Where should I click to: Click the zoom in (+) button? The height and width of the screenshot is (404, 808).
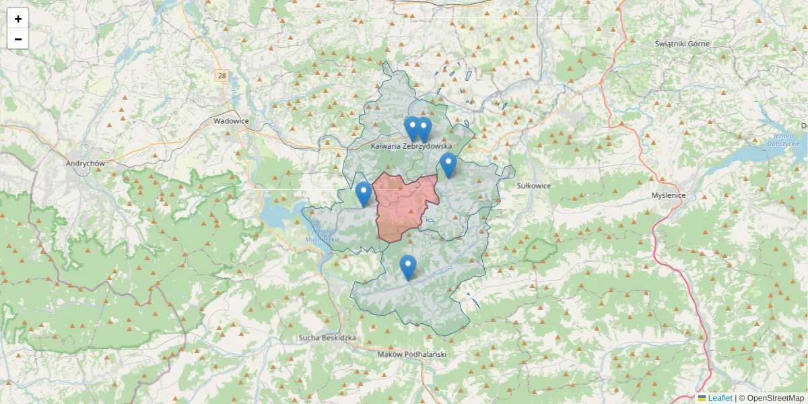(18, 19)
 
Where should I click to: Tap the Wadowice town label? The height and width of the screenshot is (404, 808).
(231, 121)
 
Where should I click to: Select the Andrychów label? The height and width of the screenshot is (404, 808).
(85, 163)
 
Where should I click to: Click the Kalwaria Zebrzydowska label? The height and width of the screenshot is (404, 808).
(411, 145)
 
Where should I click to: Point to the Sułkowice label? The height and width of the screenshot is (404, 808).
(534, 185)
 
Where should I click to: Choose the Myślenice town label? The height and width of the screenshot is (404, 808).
(668, 195)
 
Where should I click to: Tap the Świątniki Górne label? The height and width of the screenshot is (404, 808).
(682, 44)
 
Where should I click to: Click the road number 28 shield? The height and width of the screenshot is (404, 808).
(222, 76)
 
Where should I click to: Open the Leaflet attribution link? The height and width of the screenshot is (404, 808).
(720, 398)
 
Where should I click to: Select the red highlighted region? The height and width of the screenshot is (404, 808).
(404, 205)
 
